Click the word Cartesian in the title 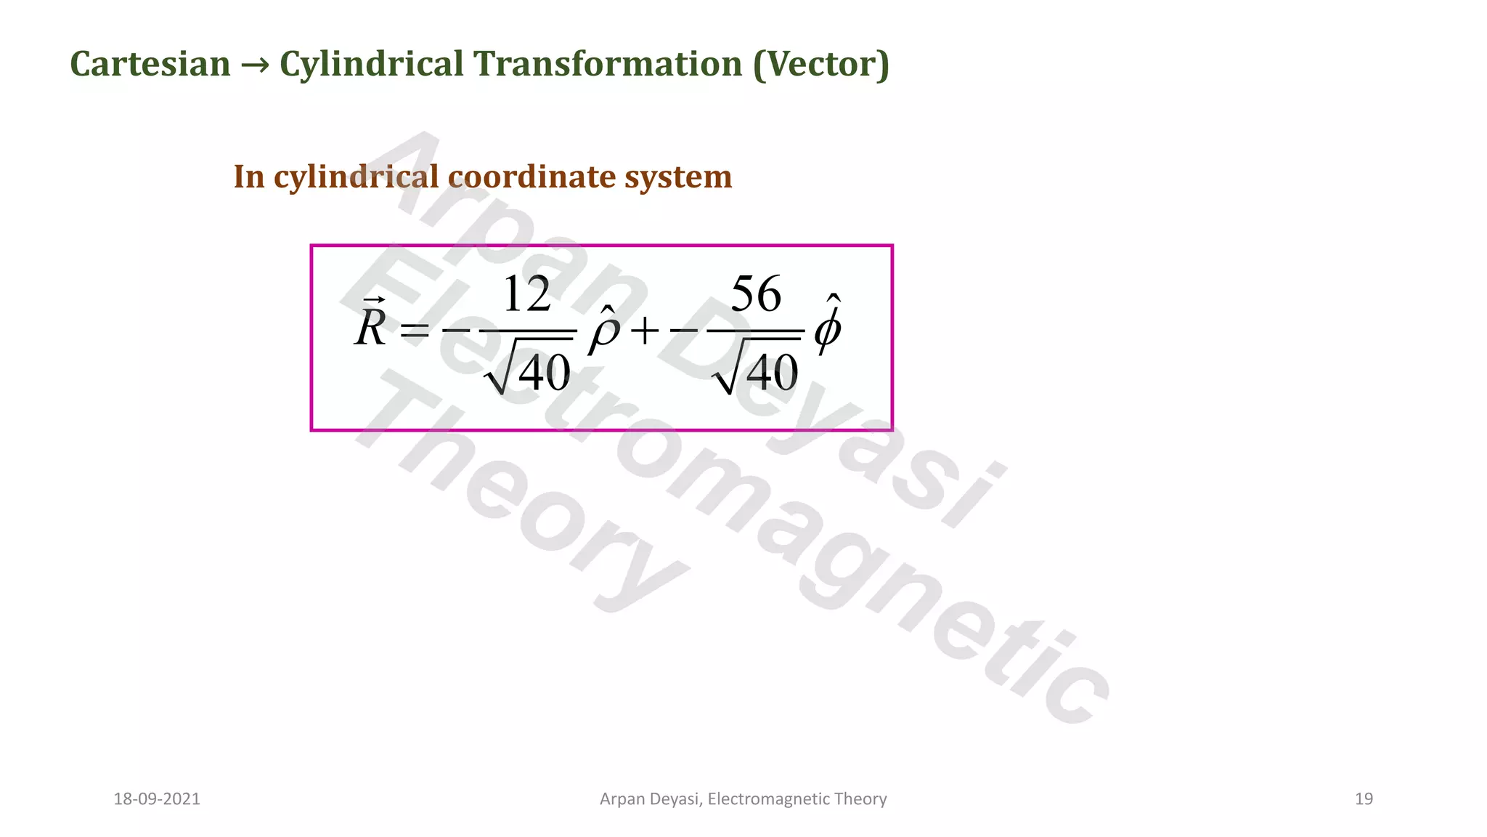(x=150, y=64)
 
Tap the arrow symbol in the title (x=255, y=65)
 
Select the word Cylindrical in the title (x=372, y=64)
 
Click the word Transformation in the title (x=608, y=64)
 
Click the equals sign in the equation (x=415, y=332)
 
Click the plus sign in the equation (x=645, y=332)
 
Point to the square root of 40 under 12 (x=529, y=373)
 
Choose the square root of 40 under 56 (x=757, y=373)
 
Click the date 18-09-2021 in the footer (x=157, y=799)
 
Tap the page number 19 (x=1364, y=799)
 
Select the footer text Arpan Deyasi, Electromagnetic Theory (x=743, y=799)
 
